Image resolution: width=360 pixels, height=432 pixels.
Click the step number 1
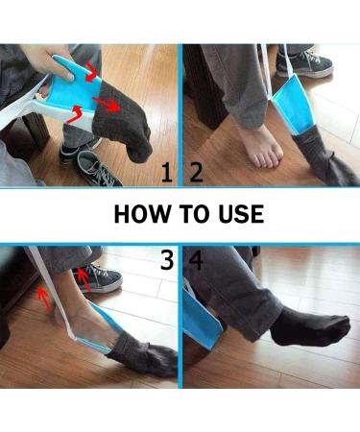coord(167,173)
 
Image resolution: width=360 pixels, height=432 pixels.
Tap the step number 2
coord(196,173)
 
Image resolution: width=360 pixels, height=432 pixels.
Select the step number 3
coord(167,259)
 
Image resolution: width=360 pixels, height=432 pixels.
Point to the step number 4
coord(196,259)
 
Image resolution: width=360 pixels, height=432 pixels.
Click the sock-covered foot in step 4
coord(310,327)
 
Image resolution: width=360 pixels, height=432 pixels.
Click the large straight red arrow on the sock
coord(107,105)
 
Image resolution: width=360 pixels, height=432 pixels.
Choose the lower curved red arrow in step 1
coord(75,114)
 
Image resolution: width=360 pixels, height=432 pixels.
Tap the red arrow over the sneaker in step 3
coord(84,280)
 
